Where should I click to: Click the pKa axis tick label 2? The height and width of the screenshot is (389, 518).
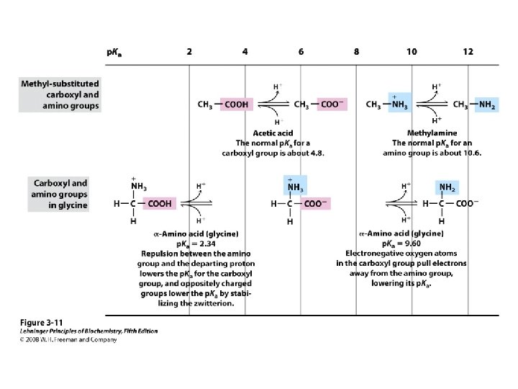tap(189, 52)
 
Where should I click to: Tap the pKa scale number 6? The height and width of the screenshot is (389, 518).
tap(301, 52)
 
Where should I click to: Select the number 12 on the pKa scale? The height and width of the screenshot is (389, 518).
tap(468, 52)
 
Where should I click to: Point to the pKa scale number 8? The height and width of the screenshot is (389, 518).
tap(357, 52)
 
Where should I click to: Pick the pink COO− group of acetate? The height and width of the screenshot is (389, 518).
tap(330, 104)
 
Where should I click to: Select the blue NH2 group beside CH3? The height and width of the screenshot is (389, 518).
tap(487, 104)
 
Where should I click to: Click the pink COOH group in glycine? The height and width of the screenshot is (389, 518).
tap(160, 204)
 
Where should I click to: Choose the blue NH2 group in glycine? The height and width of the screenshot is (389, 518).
tap(447, 189)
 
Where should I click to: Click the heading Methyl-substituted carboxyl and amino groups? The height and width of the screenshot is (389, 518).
tap(60, 94)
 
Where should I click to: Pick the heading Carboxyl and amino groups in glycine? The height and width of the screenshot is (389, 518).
tap(60, 194)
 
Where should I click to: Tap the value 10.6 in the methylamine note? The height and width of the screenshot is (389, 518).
tap(471, 153)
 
